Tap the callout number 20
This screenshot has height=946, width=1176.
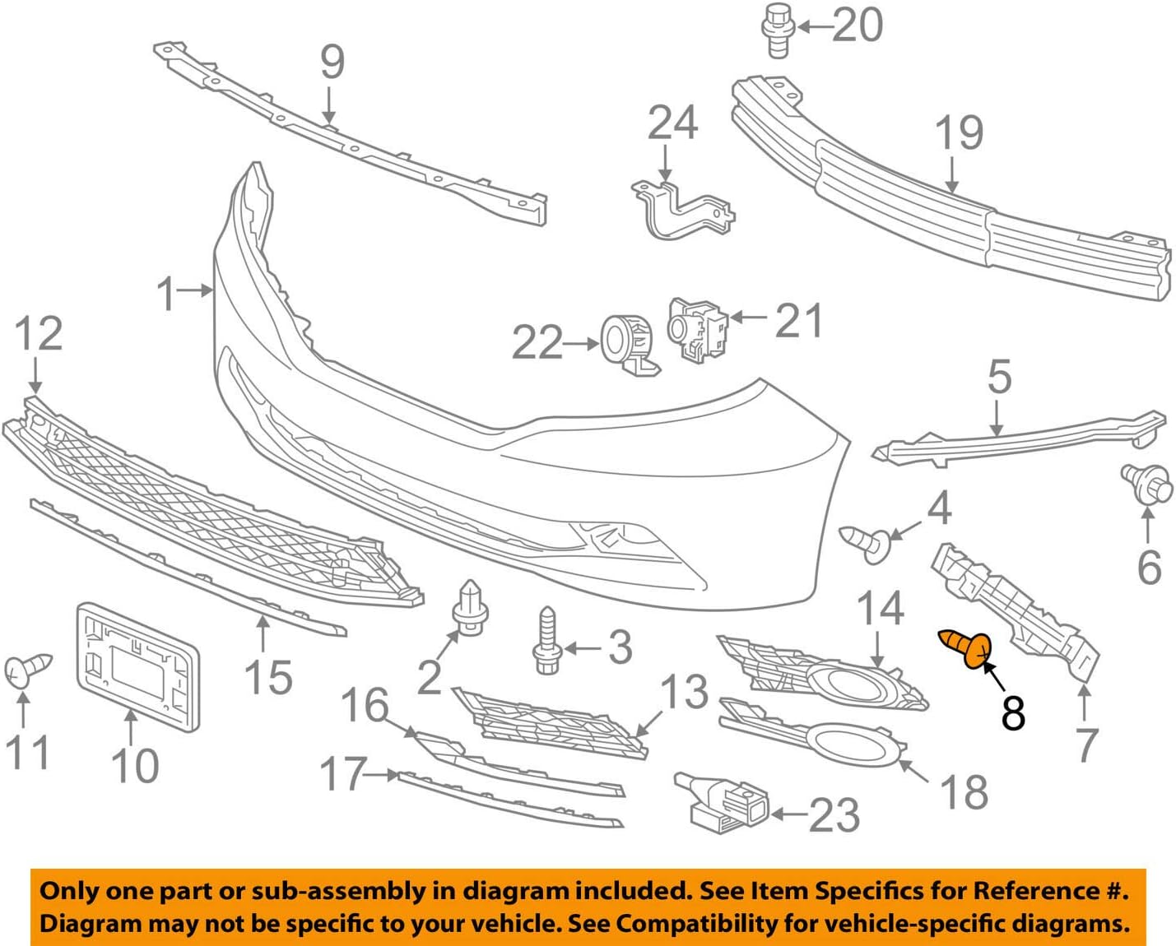click(x=858, y=26)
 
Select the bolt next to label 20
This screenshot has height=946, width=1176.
click(x=775, y=30)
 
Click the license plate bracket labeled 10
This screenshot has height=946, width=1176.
click(x=138, y=666)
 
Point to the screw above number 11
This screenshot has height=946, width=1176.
click(x=27, y=670)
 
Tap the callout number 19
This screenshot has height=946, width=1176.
click(x=959, y=133)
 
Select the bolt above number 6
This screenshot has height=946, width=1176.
click(x=1146, y=484)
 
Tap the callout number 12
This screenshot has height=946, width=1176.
click(x=38, y=334)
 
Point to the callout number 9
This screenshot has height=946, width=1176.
click(x=332, y=63)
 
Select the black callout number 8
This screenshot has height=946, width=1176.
click(x=1013, y=712)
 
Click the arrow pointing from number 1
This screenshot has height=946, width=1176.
click(x=198, y=290)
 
